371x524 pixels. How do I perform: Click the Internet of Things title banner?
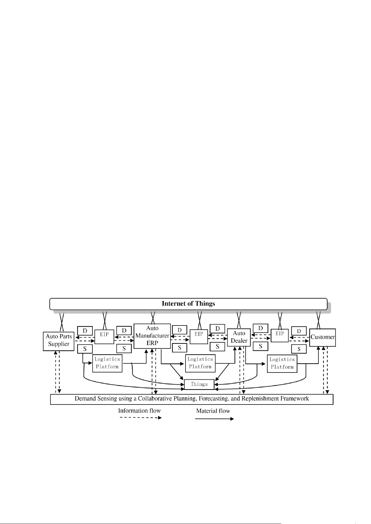[188, 304]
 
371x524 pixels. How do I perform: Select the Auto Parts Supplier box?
[59, 341]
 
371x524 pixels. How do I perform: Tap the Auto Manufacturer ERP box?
[152, 336]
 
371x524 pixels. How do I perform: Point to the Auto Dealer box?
[239, 337]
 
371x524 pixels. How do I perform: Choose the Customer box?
[322, 337]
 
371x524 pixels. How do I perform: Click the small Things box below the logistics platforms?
[199, 384]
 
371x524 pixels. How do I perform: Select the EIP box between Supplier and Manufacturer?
[104, 336]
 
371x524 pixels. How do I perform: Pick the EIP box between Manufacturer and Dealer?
[199, 336]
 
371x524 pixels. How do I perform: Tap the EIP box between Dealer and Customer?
[279, 335]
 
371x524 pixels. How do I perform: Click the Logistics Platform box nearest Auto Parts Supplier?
[107, 363]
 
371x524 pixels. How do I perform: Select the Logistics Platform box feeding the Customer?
[282, 363]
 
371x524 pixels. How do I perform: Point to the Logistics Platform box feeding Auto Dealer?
[200, 363]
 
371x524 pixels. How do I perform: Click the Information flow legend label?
[139, 410]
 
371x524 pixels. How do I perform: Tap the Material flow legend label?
[213, 411]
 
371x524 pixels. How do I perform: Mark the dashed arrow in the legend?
[141, 418]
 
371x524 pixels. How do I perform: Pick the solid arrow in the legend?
[214, 419]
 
